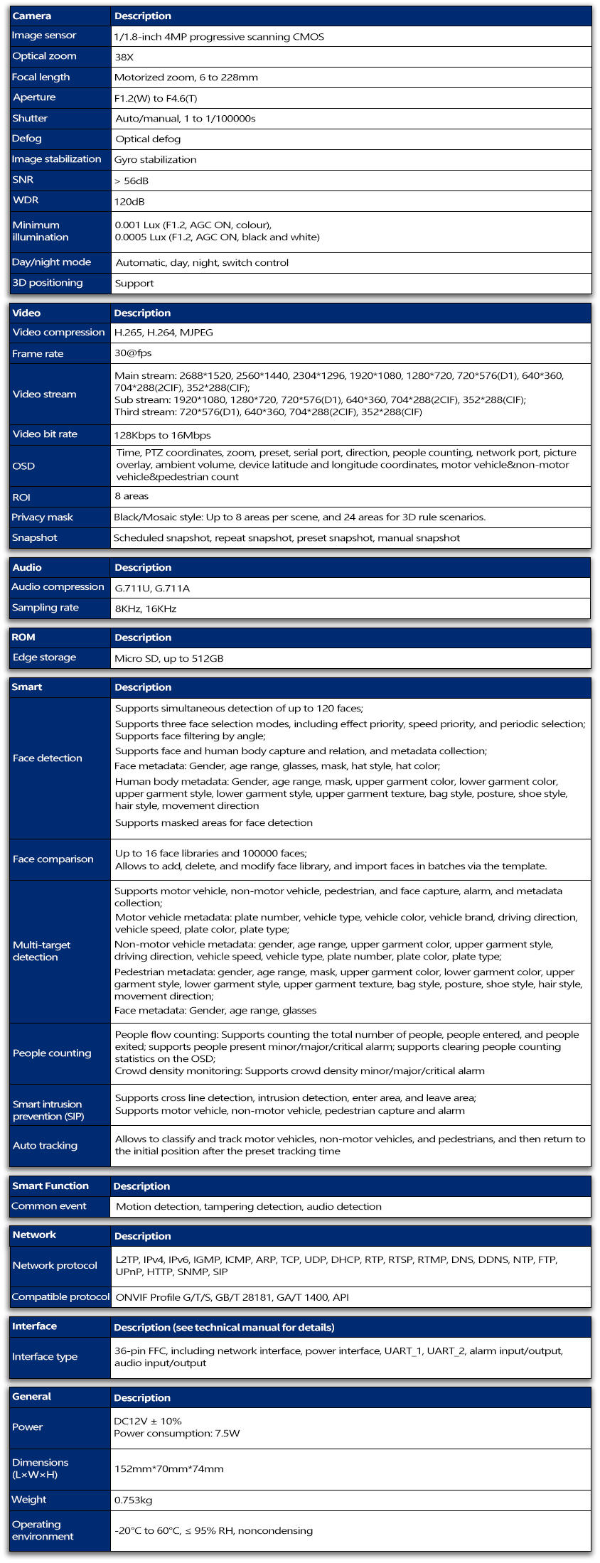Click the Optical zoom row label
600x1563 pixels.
(x=44, y=56)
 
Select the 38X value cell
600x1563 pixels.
(x=124, y=57)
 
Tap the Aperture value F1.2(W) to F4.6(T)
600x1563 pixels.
(x=156, y=98)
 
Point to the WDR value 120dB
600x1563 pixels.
(x=129, y=201)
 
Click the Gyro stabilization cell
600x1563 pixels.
(x=156, y=160)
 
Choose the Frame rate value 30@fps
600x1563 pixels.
(x=133, y=353)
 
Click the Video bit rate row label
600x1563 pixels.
(x=45, y=434)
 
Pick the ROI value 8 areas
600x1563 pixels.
(x=132, y=496)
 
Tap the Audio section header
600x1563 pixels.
(x=27, y=567)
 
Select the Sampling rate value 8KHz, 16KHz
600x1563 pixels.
(x=146, y=608)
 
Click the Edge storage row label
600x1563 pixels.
(x=44, y=657)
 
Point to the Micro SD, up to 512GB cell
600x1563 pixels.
(x=169, y=658)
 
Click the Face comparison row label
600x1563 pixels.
(x=53, y=859)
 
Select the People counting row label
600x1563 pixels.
(x=52, y=1053)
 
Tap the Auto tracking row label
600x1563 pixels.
(x=45, y=1146)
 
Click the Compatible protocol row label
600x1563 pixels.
(x=60, y=1297)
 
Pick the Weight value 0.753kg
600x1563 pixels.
(x=134, y=1500)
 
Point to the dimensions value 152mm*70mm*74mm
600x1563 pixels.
(x=169, y=1469)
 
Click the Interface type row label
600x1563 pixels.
(x=45, y=1357)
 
